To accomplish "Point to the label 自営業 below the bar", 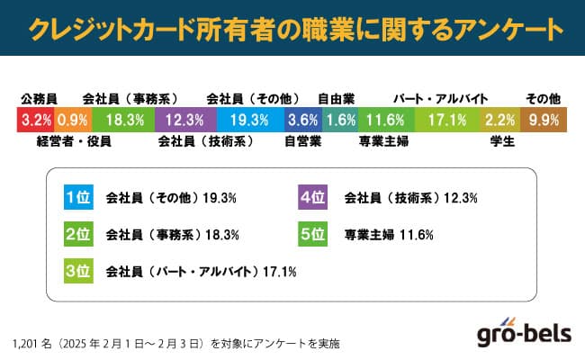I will [x=302, y=140].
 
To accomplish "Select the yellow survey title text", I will [x=292, y=29].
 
